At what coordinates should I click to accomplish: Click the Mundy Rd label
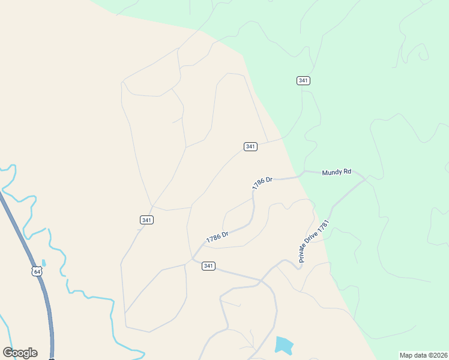coord(336,172)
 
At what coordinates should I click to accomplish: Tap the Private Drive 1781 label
coord(315,241)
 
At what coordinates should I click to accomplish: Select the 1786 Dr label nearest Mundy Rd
coord(262,183)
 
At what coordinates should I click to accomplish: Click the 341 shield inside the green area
coord(303,80)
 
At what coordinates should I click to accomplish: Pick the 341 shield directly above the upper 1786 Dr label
coord(251,146)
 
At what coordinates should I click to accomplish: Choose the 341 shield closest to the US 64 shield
coord(147,220)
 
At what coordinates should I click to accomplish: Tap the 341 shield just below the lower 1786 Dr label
coord(208,266)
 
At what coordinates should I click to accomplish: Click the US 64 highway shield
coord(37,271)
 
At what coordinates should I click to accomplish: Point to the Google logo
coord(20,353)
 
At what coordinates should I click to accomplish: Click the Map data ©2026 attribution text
coord(423,355)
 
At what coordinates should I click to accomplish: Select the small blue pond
coord(284,345)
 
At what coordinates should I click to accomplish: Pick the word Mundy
coord(331,172)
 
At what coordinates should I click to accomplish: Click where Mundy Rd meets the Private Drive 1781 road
coord(365,178)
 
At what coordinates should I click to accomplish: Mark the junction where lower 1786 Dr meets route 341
coord(192,260)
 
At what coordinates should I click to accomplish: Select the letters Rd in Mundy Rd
coord(346,172)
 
